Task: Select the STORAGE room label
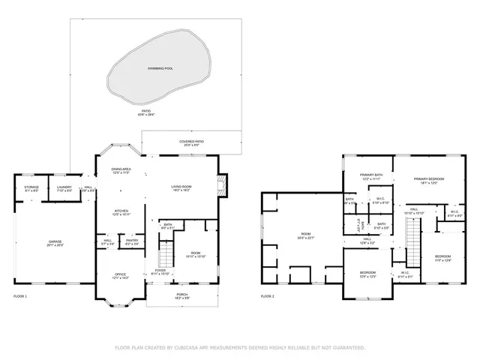pos(31,187)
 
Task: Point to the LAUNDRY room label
pos(64,187)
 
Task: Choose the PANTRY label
pos(132,241)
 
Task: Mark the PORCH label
pos(182,295)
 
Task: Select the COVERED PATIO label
pos(191,141)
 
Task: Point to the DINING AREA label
pos(121,169)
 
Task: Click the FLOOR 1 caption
pos(20,296)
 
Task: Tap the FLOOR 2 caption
pos(268,296)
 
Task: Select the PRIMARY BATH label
pos(372,175)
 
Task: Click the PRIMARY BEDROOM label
pos(430,178)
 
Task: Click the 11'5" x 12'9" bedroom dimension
pos(443,260)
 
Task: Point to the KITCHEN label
pos(121,211)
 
